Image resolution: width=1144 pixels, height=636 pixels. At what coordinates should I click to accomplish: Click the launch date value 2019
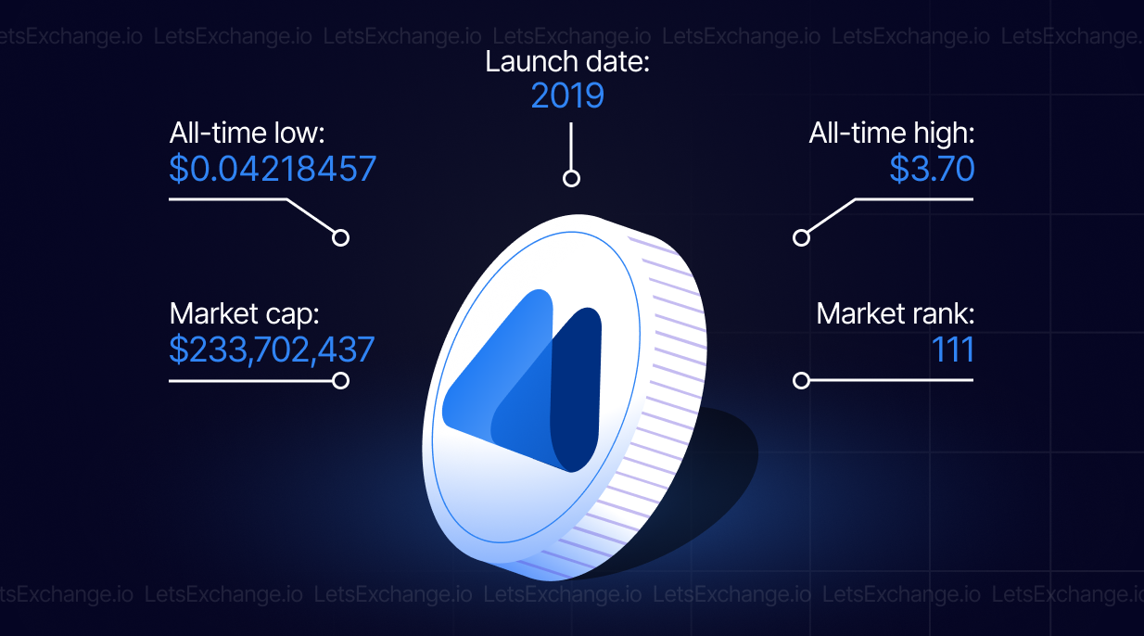click(567, 95)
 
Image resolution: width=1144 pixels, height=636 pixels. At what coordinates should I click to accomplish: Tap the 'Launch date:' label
click(567, 62)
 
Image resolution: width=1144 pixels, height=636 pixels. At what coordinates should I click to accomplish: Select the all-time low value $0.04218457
click(273, 169)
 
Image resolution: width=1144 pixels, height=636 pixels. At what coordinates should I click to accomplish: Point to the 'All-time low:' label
click(248, 133)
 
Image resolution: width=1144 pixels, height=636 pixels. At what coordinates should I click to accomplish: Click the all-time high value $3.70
click(932, 169)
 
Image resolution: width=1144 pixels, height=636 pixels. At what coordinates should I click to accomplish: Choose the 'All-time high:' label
click(892, 133)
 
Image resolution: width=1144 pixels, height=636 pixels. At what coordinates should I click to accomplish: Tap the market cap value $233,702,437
click(272, 350)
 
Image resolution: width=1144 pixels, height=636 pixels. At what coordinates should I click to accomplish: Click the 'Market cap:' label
click(244, 313)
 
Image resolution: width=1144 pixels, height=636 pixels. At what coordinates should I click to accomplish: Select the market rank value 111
click(953, 350)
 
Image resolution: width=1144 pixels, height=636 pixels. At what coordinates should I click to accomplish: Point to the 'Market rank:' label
click(896, 313)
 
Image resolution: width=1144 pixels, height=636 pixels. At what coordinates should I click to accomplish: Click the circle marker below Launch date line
click(571, 179)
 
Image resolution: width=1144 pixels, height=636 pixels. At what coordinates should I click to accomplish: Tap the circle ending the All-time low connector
click(340, 238)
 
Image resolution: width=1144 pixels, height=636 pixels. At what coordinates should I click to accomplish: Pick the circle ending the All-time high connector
click(801, 238)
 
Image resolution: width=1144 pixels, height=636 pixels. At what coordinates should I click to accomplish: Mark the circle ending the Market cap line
click(340, 380)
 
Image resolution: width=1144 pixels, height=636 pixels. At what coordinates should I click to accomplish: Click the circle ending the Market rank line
click(801, 380)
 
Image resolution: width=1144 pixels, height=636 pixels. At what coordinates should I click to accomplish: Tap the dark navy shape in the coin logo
click(576, 388)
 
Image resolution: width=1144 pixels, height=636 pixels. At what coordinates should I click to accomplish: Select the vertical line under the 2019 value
click(571, 146)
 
